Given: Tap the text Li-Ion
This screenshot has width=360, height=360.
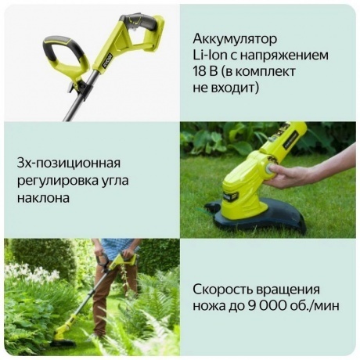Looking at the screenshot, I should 211,56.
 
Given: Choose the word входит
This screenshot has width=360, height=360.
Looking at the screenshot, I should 239,89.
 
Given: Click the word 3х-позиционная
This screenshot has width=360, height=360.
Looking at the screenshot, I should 69,163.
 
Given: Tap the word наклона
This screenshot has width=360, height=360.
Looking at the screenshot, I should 43,197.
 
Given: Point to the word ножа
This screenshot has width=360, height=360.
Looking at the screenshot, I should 211,305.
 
